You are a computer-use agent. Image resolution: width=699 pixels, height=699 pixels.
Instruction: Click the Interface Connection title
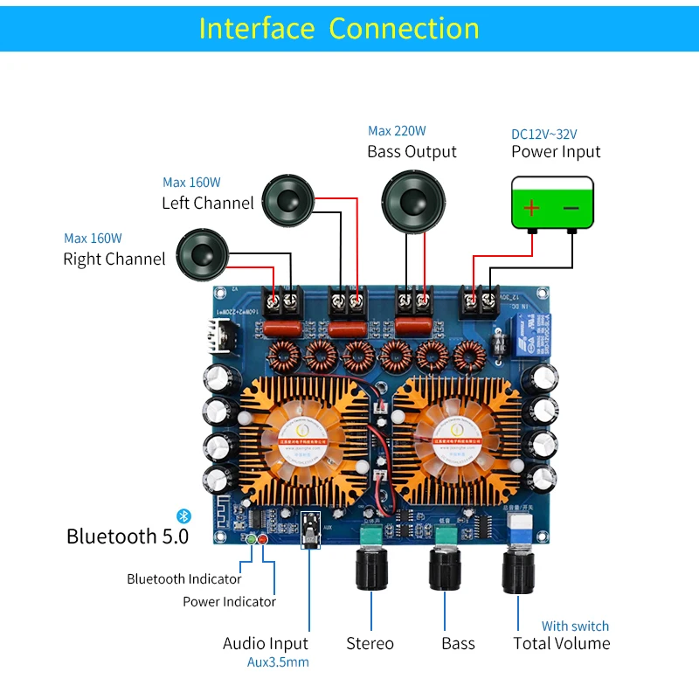point(339,28)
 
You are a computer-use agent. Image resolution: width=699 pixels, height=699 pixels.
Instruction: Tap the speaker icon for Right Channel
point(201,254)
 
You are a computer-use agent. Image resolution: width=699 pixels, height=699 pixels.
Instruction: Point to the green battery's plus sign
point(531,208)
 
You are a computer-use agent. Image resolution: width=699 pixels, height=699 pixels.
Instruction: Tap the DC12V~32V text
point(543,135)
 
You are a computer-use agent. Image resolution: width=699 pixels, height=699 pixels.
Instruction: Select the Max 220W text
point(397,131)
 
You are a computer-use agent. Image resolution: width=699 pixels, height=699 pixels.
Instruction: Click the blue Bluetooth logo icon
point(183,516)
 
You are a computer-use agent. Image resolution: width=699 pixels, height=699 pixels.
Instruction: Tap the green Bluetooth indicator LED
point(252,538)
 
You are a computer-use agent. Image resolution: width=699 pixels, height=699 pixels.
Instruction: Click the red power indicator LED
point(262,538)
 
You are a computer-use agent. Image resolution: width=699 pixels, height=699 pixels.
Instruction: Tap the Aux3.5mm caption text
point(278,662)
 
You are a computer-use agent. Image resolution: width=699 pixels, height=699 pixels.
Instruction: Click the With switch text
point(575,626)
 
